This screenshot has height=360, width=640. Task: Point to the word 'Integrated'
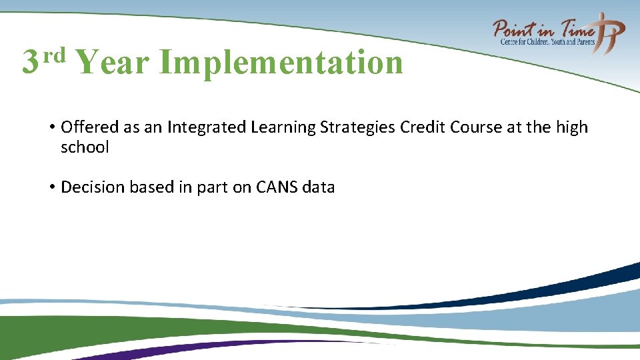point(198,127)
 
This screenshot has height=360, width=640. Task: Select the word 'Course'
point(477,127)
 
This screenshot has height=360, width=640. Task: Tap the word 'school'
point(85,147)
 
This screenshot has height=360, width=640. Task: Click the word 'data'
point(318,187)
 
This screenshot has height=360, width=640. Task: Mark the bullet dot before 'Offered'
point(51,127)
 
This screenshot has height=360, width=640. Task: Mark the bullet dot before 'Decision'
point(51,187)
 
